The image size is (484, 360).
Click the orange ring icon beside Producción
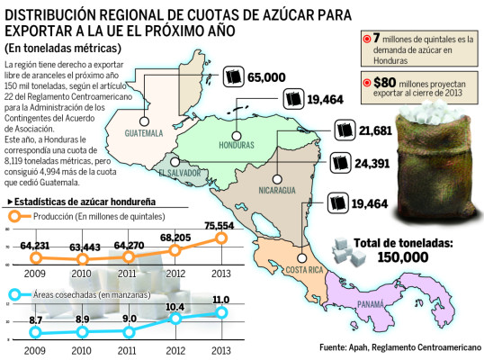(14, 216)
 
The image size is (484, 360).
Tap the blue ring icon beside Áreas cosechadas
(14, 294)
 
